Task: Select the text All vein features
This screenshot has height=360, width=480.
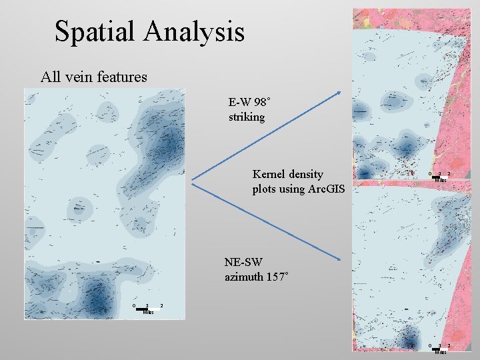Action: (93, 77)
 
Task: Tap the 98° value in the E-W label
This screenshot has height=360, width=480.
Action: (261, 103)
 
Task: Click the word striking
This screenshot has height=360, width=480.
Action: (246, 117)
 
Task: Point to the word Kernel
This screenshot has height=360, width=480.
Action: (269, 174)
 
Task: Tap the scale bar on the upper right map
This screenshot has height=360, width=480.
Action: (437, 177)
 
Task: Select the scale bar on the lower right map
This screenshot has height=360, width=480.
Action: (437, 348)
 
